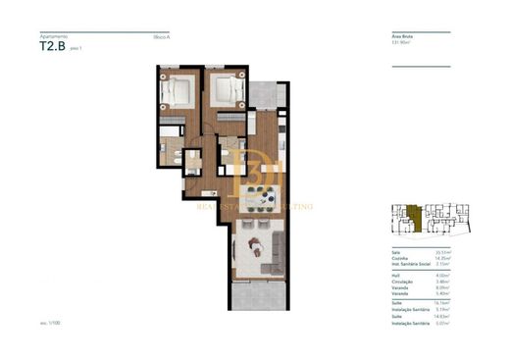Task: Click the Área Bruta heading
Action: [402, 35]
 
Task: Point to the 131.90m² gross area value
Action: [402, 42]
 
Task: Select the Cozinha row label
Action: [398, 258]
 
